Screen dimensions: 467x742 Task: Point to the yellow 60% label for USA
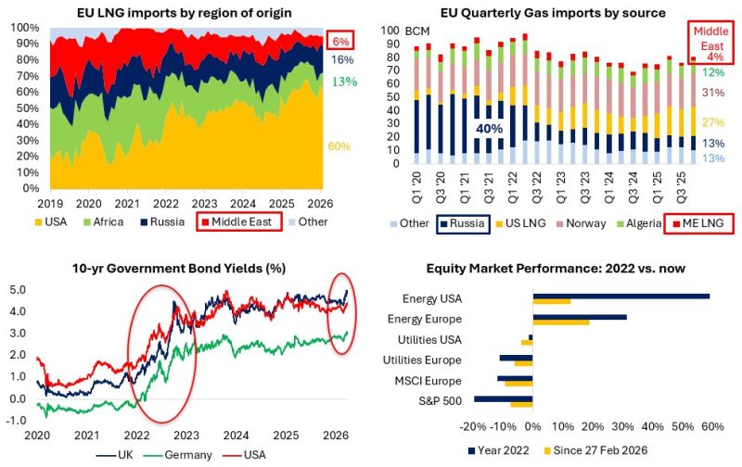[339, 146]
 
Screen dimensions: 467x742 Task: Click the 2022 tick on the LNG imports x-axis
[166, 203]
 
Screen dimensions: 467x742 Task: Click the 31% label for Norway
[713, 93]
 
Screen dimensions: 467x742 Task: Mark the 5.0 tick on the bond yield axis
[18, 291]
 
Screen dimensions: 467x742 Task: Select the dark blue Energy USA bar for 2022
[620, 297]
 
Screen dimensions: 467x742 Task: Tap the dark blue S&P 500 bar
[504, 399]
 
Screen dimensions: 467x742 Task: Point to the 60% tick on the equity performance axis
[710, 427]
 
